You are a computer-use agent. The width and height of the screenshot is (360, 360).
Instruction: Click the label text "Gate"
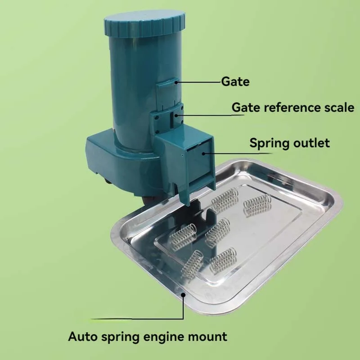point(235,82)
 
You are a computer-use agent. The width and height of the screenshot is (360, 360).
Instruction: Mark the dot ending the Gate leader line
point(178,82)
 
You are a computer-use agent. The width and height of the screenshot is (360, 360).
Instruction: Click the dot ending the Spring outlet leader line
point(203,153)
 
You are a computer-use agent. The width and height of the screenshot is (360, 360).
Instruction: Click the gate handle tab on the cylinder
point(167,83)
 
